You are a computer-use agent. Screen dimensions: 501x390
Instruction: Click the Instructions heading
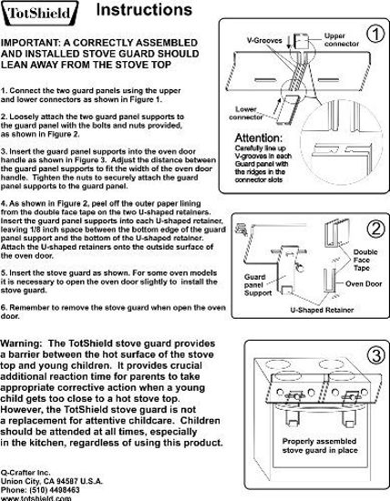click(143, 11)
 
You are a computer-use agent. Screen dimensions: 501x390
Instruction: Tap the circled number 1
click(372, 35)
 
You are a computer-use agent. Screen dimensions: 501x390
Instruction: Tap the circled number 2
click(372, 228)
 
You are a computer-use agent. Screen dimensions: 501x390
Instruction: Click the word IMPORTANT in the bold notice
click(33, 44)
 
